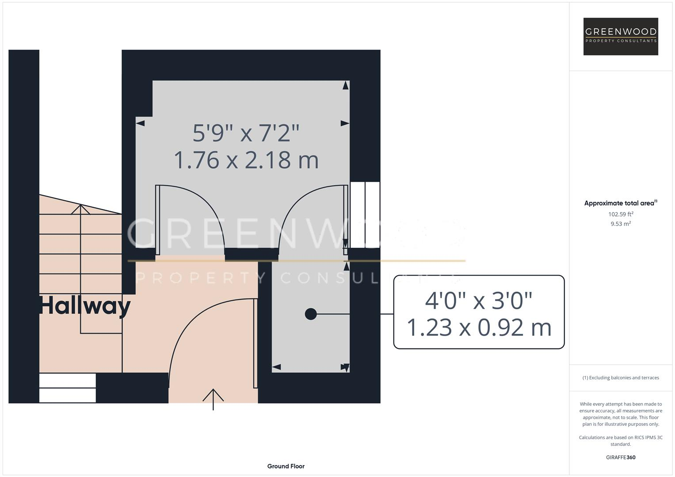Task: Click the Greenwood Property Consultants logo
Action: point(620,36)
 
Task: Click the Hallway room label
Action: point(85,306)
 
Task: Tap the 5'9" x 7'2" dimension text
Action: point(246,132)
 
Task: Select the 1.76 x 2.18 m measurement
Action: point(246,160)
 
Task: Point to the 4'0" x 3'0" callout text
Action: point(478,300)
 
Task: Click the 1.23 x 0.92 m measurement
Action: point(478,328)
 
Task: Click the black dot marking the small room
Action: point(311,314)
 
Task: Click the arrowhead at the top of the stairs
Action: point(80,208)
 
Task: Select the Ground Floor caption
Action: point(286,466)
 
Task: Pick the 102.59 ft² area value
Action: point(620,214)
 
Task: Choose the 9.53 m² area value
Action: point(620,224)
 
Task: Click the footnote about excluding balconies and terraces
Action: point(620,378)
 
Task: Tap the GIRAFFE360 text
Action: point(620,457)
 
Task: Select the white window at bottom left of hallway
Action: point(67,388)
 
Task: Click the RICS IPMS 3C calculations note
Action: point(620,441)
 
